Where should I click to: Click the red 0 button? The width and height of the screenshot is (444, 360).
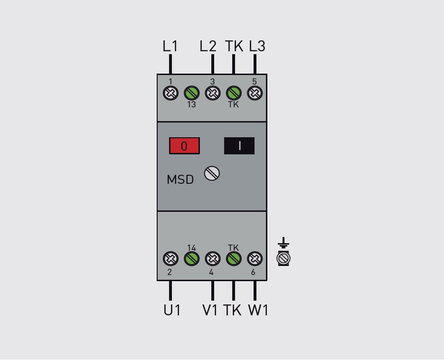click(x=184, y=146)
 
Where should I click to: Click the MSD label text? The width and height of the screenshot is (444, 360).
click(x=180, y=180)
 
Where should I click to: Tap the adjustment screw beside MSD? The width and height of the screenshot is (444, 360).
click(x=212, y=173)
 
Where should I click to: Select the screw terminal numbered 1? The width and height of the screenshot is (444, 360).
click(x=171, y=93)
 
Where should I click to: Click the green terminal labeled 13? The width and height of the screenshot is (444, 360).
click(x=192, y=93)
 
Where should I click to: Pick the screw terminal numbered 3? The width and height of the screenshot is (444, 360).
click(x=213, y=93)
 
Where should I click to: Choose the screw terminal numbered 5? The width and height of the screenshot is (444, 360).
click(x=255, y=93)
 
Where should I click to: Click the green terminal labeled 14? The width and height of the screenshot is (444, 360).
click(x=192, y=258)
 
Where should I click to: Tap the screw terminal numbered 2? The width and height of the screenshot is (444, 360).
click(x=171, y=258)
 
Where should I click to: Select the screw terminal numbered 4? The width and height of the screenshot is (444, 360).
click(x=213, y=258)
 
